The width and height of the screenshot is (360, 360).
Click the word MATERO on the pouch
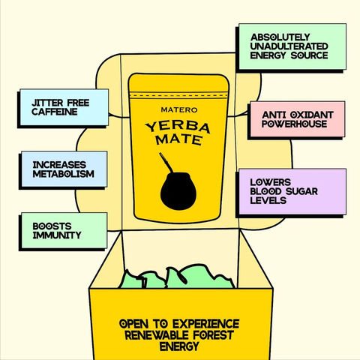click(x=179, y=109)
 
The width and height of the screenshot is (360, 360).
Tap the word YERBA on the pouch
click(x=178, y=127)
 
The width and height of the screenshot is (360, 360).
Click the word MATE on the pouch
click(x=178, y=139)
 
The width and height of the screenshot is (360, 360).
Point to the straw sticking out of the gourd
click(x=166, y=163)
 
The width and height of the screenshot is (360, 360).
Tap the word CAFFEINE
click(x=55, y=112)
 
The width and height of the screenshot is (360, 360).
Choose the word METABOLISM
click(x=64, y=174)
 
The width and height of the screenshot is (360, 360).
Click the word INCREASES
click(x=59, y=165)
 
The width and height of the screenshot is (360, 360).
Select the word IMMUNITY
click(x=57, y=235)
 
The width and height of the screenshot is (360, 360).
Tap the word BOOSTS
click(x=52, y=226)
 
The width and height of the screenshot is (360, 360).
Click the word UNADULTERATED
click(x=289, y=46)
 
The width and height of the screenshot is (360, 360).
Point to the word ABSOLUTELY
click(x=280, y=37)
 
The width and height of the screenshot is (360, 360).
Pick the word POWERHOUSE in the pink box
click(x=295, y=124)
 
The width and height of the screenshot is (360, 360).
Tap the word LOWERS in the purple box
click(x=271, y=182)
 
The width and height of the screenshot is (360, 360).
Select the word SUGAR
click(x=301, y=191)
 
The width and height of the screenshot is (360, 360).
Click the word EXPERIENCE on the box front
click(x=205, y=324)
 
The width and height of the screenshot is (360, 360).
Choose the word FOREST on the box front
click(x=213, y=335)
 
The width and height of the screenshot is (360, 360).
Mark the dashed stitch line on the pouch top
click(x=178, y=95)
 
